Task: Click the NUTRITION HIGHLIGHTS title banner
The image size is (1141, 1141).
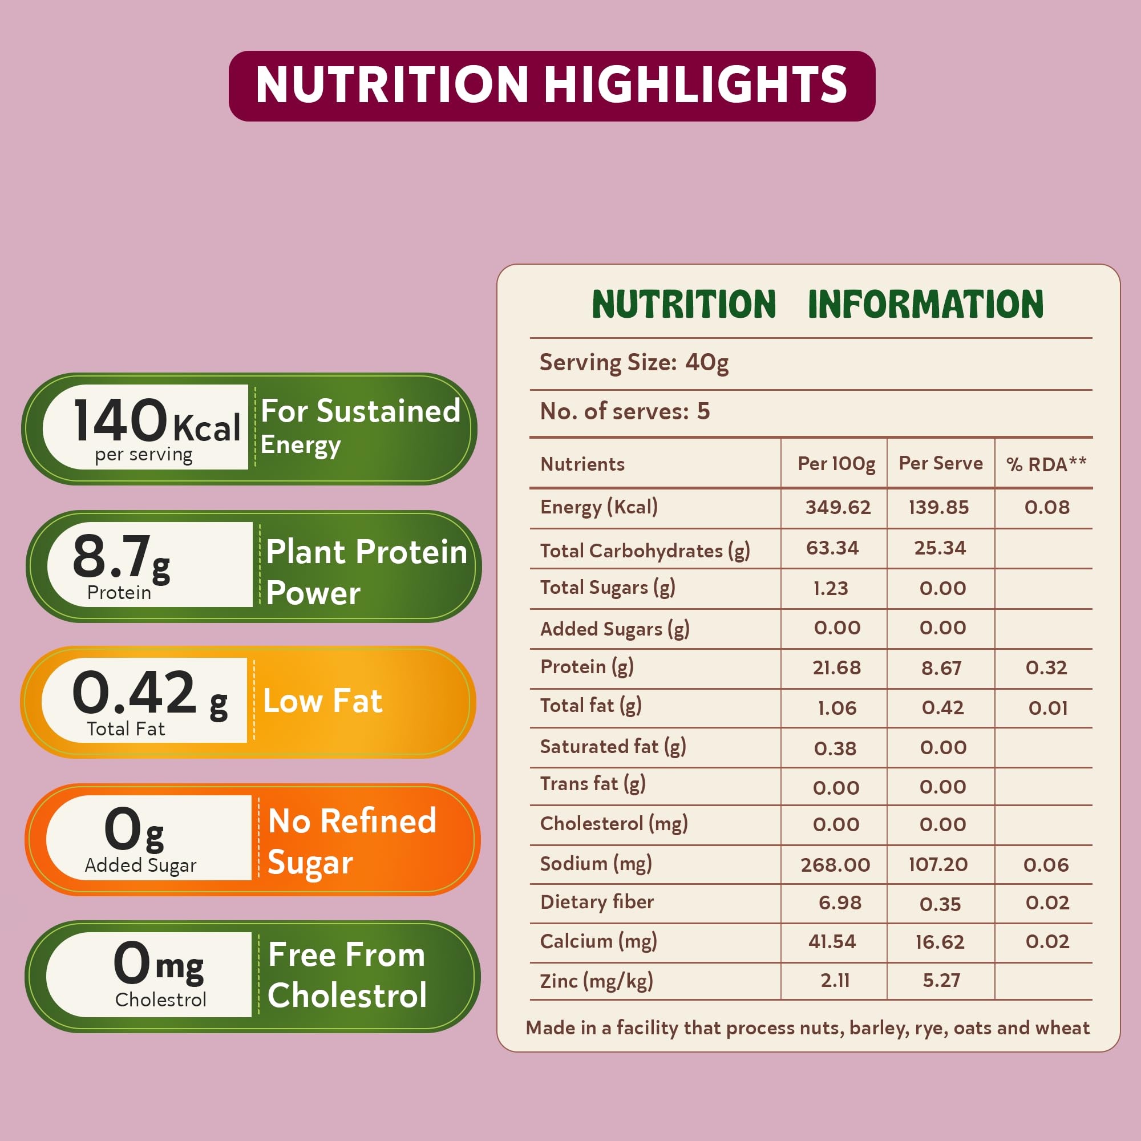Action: [x=552, y=86]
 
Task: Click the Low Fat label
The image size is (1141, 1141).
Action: [x=322, y=701]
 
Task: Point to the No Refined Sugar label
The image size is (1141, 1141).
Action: [x=352, y=840]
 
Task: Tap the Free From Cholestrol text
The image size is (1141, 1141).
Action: [x=347, y=975]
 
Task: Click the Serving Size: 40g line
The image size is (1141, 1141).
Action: [x=634, y=363]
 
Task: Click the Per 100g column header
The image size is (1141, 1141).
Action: [x=836, y=464]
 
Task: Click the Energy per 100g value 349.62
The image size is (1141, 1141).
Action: [x=837, y=507]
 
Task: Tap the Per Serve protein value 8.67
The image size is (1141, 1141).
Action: [x=941, y=668]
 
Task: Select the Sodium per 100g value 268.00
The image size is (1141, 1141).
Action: [x=835, y=865]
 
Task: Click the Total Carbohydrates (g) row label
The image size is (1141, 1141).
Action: [x=645, y=551]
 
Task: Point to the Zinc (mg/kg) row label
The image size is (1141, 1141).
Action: [x=597, y=981]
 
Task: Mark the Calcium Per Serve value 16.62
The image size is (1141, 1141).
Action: [x=940, y=942]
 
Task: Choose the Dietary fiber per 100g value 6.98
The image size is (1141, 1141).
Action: [x=839, y=903]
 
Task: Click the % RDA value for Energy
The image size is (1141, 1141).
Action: [x=1046, y=507]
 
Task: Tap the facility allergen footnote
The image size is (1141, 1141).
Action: [x=807, y=1028]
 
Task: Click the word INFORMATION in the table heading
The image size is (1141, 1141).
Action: [x=925, y=305]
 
